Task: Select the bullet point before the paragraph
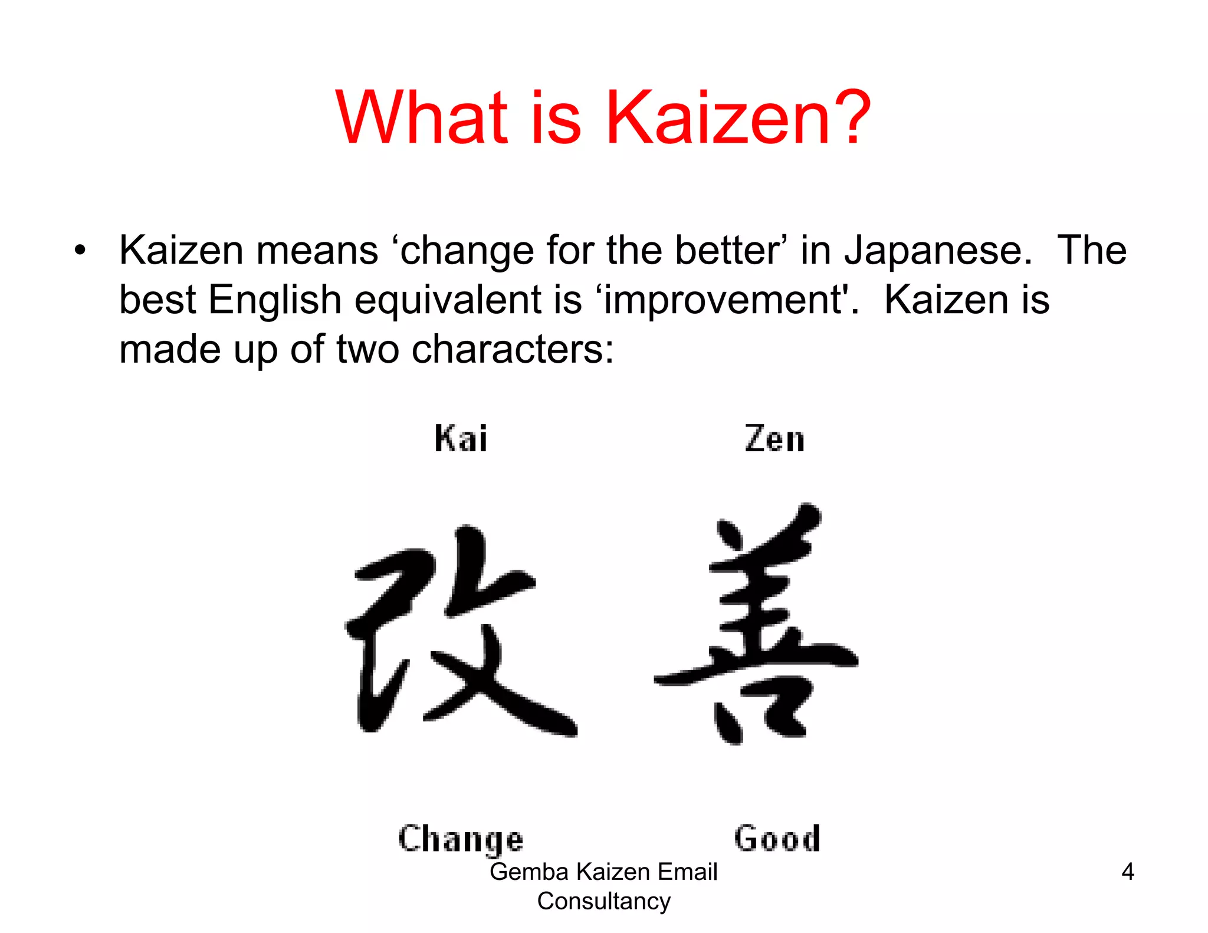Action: [x=80, y=251]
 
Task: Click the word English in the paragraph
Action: [x=275, y=300]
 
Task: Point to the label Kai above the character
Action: [x=461, y=439]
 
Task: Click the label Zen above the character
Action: [x=774, y=439]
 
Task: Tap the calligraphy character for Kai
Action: [x=460, y=631]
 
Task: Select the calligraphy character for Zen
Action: [x=758, y=625]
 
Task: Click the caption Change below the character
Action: [x=461, y=839]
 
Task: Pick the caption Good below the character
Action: [x=777, y=839]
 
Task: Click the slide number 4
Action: [x=1127, y=872]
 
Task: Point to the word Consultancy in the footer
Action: [x=603, y=901]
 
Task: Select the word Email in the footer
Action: [x=687, y=872]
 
